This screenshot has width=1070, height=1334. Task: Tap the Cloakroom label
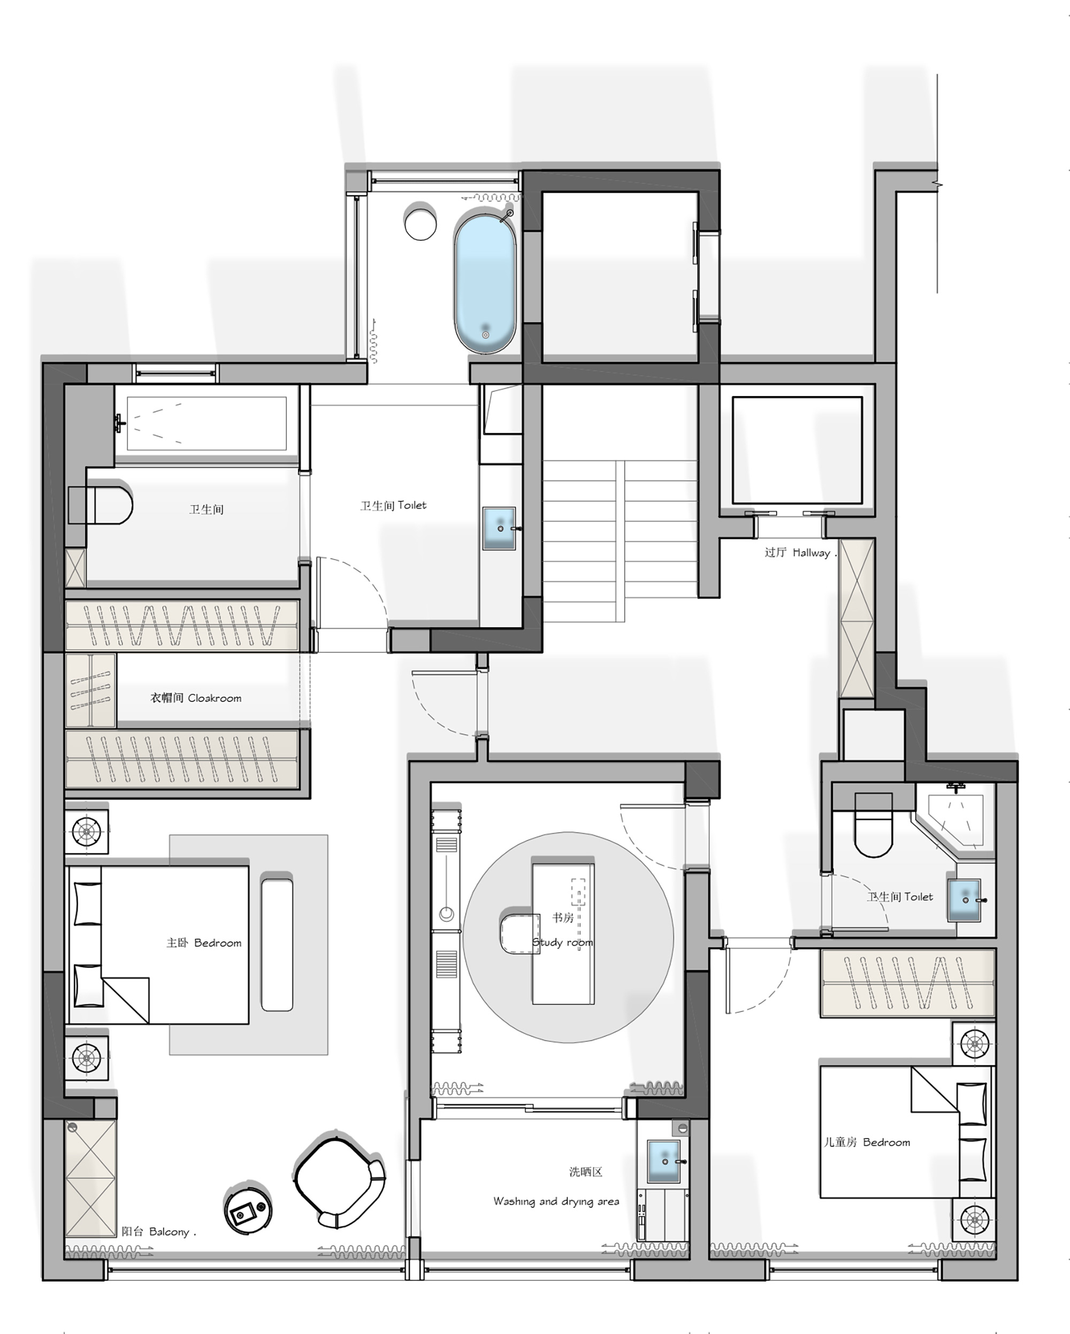coord(195,698)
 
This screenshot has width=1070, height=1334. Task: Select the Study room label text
coord(563,942)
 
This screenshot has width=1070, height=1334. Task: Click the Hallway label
coord(800,553)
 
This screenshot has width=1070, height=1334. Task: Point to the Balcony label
coord(158,1231)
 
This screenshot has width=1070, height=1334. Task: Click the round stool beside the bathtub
coord(420,223)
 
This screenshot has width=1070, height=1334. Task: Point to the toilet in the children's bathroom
coord(873,826)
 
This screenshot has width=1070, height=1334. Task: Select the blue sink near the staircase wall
coord(499,528)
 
